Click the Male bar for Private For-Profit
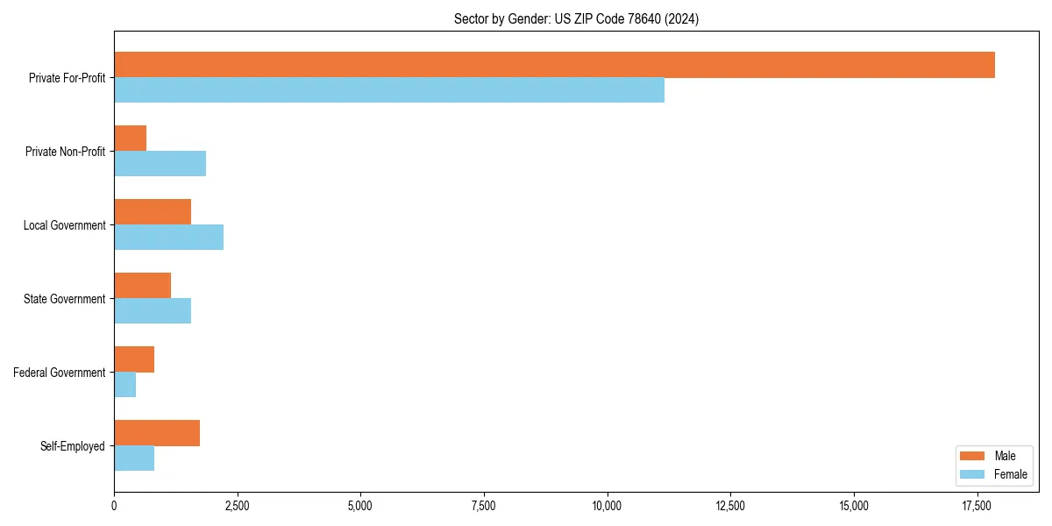point(554,65)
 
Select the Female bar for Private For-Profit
point(389,90)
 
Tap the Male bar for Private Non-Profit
point(130,139)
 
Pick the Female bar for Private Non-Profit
point(160,164)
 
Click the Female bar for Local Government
point(168,238)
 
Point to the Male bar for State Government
point(142,286)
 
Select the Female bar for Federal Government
point(124,385)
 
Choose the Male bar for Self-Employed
point(157,433)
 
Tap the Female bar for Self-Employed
point(134,458)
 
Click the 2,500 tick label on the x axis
point(237,506)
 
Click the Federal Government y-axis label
point(60,373)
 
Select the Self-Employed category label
point(73,446)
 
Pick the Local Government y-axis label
point(65,225)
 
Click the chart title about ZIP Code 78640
point(576,18)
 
